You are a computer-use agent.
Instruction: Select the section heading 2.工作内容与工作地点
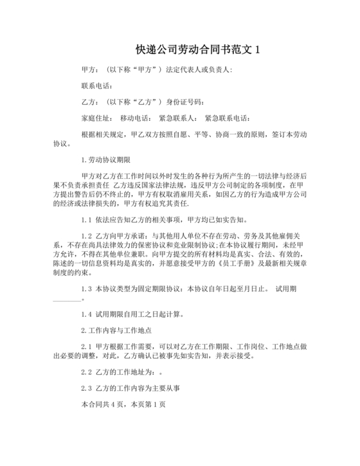pyautogui.click(x=116, y=330)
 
